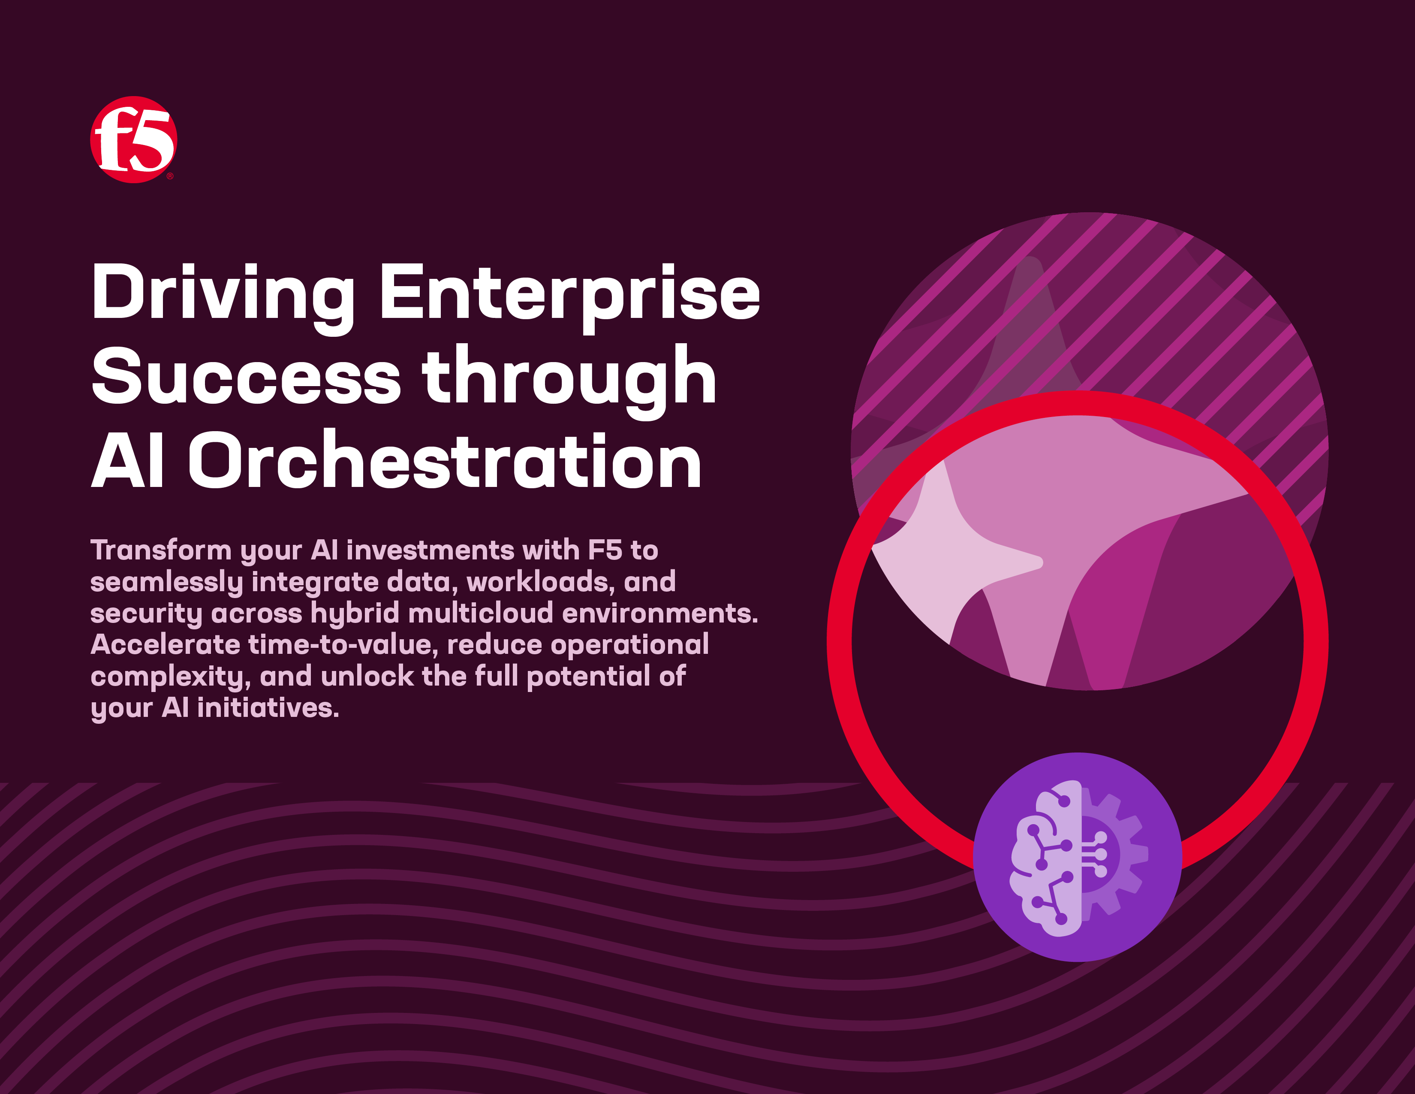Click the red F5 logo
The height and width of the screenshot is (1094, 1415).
pyautogui.click(x=133, y=139)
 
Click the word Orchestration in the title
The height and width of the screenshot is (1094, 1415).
pyautogui.click(x=445, y=461)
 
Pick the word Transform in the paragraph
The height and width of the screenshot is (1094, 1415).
pyautogui.click(x=161, y=550)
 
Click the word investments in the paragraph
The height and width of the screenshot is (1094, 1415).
pyautogui.click(x=430, y=550)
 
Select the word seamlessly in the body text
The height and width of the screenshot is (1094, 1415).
pyautogui.click(x=166, y=583)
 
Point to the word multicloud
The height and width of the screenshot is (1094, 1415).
pyautogui.click(x=481, y=613)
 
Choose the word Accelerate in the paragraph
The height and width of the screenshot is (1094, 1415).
pyautogui.click(x=165, y=645)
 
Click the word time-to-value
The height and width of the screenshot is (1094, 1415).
pyautogui.click(x=343, y=645)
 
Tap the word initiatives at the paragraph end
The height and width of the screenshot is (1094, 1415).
pyautogui.click(x=268, y=708)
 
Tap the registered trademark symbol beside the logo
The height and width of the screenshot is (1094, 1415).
pyautogui.click(x=170, y=175)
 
